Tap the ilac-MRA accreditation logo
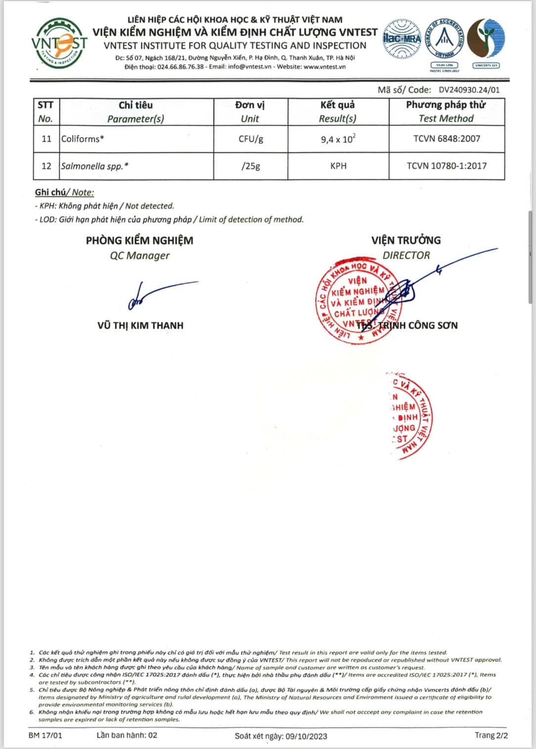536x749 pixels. tap(402, 39)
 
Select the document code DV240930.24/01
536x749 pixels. tap(469, 90)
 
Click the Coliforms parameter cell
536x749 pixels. tap(83, 139)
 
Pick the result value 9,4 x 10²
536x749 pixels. tap(338, 139)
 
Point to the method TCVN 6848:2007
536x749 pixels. tap(447, 139)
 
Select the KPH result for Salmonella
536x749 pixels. tap(338, 166)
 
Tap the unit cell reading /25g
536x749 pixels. tap(251, 166)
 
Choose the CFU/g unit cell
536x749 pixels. tap(251, 139)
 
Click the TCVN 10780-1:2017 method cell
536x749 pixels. tap(447, 166)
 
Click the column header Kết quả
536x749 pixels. tap(338, 105)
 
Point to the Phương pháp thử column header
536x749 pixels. tap(446, 105)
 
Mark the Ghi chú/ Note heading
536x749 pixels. tap(64, 192)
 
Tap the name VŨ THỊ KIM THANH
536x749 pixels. tap(140, 326)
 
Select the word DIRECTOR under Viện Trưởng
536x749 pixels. tap(406, 255)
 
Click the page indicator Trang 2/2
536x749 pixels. tap(491, 735)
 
